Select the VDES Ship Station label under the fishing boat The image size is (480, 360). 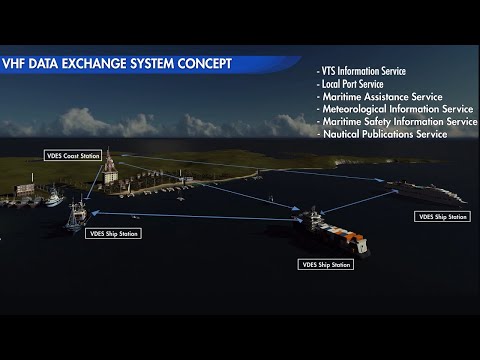pyautogui.click(x=114, y=234)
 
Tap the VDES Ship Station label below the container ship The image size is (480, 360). pyautogui.click(x=326, y=265)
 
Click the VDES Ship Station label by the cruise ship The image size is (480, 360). pyautogui.click(x=443, y=216)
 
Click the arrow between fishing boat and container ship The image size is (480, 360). pyautogui.click(x=190, y=215)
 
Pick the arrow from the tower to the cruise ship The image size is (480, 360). pyautogui.click(x=260, y=167)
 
